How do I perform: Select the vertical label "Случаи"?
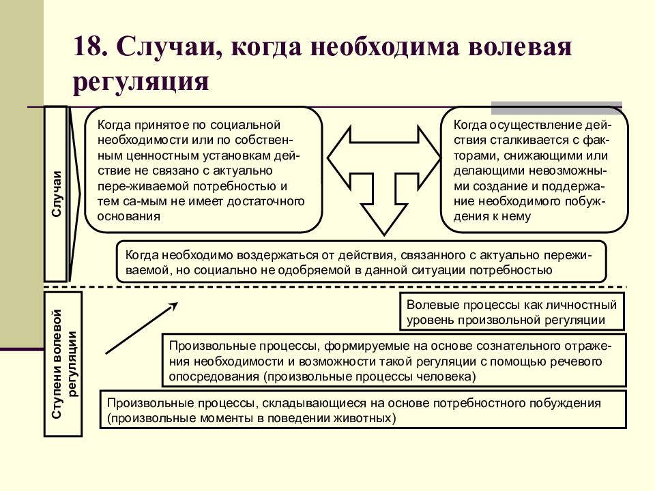(x=57, y=194)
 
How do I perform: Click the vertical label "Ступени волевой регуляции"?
(x=63, y=363)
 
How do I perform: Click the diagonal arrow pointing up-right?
(x=142, y=328)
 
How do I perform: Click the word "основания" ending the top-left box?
(x=129, y=216)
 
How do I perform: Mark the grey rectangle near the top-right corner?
(x=557, y=108)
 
